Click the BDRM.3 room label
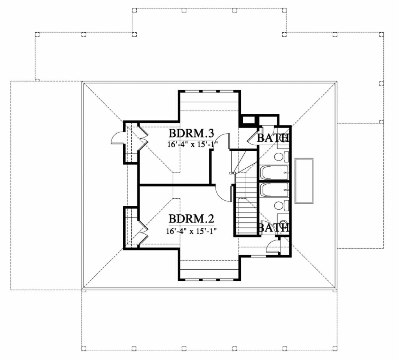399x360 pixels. pos(191,133)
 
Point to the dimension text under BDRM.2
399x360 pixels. pos(191,231)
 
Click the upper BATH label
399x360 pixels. pos(272,138)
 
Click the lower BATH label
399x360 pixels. pos(273,228)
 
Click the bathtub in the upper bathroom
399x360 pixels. pos(274,172)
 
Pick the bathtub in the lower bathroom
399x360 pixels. pos(274,190)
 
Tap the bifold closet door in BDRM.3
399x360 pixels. pos(143,138)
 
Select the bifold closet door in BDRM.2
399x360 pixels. pos(143,230)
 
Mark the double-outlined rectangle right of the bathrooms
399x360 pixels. pos(304,181)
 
